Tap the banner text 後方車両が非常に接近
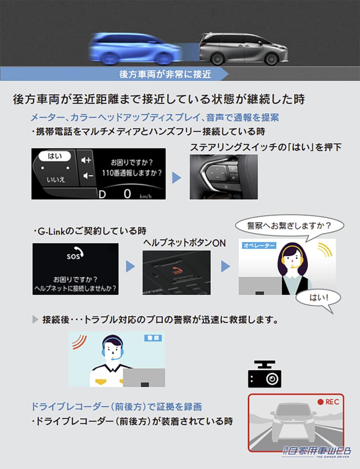point(165,74)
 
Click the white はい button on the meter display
point(55,156)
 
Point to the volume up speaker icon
point(87,160)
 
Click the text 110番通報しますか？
point(132,173)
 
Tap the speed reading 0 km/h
point(128,193)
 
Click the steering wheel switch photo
point(223,177)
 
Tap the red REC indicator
point(328,402)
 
